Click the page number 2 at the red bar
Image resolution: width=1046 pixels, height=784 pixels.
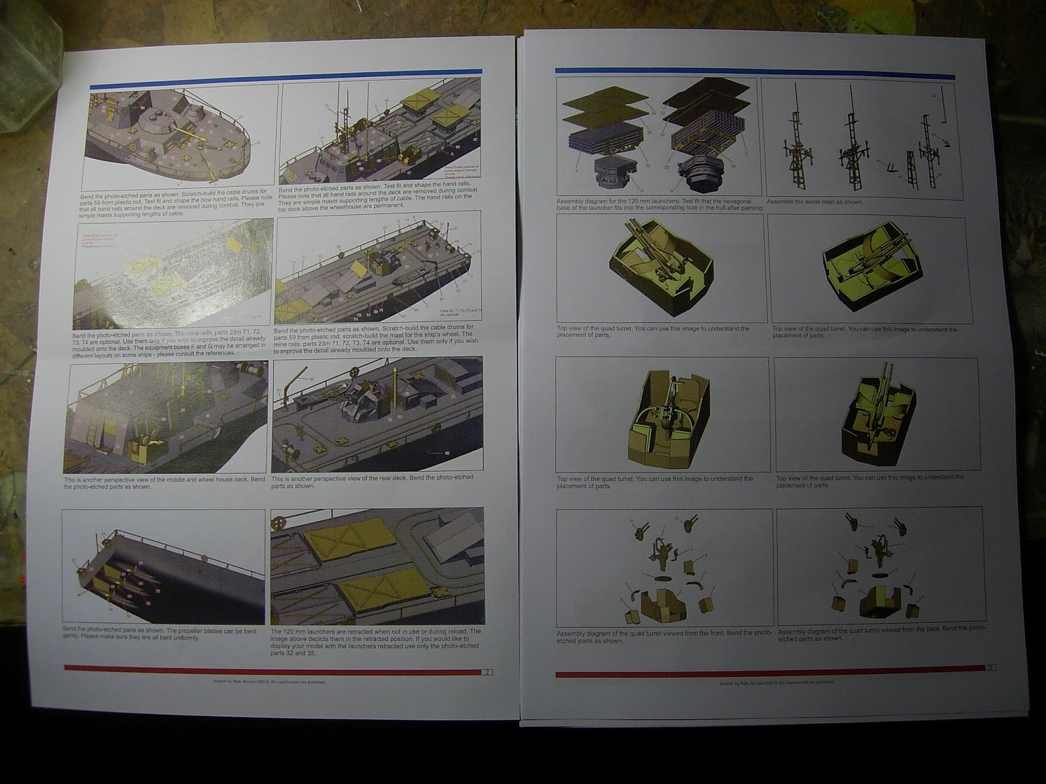[x=488, y=671]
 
